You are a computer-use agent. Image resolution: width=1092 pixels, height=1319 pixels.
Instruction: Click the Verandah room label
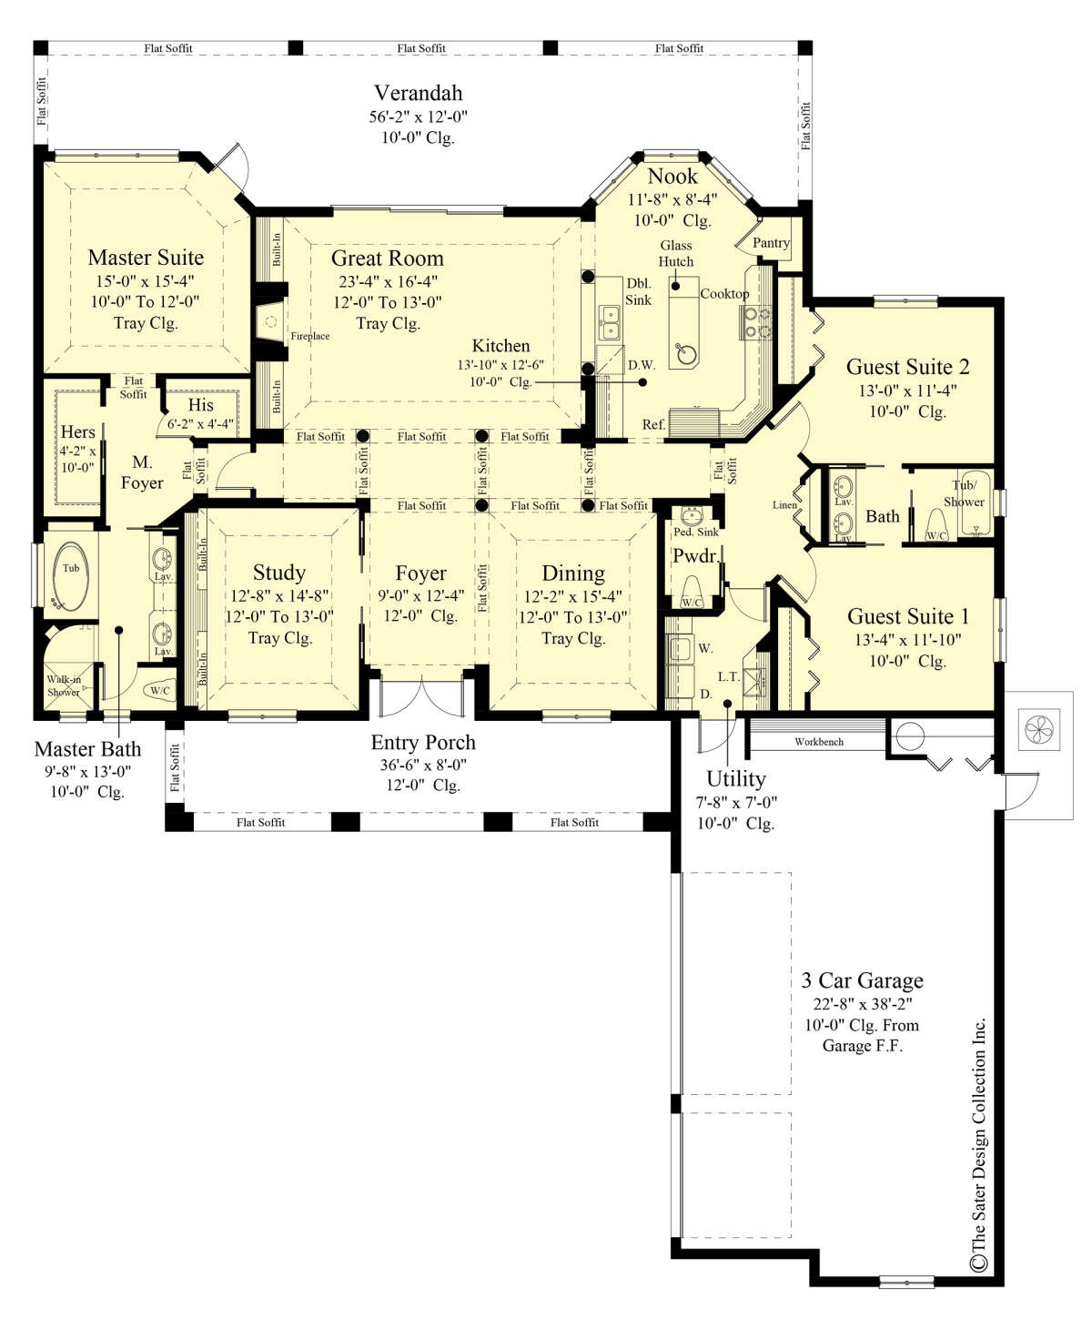(418, 93)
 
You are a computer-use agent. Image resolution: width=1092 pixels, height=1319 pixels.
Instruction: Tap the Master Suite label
(146, 257)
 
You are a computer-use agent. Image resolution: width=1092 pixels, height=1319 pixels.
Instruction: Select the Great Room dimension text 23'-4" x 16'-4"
(387, 281)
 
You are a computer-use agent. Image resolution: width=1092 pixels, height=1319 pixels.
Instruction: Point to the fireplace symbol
(272, 321)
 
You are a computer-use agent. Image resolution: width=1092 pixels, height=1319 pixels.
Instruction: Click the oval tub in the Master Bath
(70, 576)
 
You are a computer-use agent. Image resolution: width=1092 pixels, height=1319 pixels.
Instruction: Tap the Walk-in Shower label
(64, 685)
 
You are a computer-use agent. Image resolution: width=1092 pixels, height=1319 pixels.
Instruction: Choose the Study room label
(279, 573)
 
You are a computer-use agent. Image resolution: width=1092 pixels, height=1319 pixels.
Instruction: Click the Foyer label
(420, 573)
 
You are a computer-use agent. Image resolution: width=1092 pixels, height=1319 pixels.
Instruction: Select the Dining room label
(573, 573)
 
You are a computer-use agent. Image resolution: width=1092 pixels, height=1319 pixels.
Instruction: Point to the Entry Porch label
(423, 742)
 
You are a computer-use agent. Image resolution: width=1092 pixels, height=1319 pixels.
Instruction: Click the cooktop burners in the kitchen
(756, 322)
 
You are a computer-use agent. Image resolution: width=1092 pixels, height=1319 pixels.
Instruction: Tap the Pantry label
(771, 242)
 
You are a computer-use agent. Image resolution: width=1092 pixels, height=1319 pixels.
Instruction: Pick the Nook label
(672, 177)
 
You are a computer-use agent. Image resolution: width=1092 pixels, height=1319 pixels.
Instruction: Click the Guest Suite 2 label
(907, 367)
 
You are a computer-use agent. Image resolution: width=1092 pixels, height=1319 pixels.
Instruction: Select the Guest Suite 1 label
(907, 616)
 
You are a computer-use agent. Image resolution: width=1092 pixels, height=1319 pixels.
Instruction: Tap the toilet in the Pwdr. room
(693, 592)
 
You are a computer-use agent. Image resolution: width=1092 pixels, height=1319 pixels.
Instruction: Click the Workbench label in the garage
(819, 742)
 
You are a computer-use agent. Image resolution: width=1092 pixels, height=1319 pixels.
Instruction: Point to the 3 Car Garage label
(862, 979)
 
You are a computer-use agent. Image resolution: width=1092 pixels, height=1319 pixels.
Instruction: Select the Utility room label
(736, 779)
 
